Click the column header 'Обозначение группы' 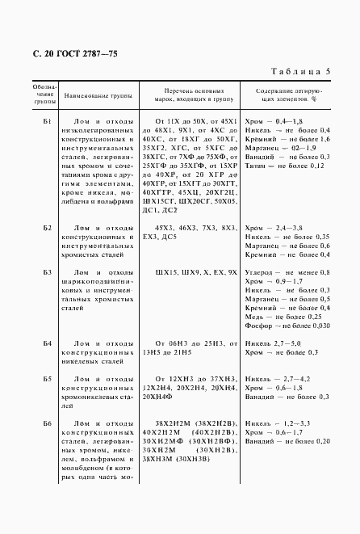(45, 94)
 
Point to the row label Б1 (47, 121)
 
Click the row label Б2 (47, 229)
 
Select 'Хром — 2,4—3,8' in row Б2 (274, 229)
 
